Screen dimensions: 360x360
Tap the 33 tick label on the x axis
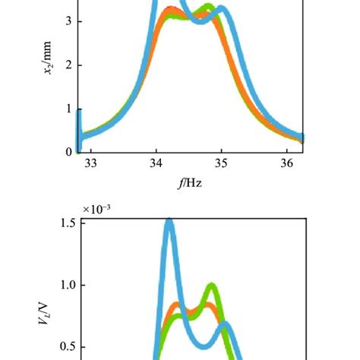click(x=90, y=163)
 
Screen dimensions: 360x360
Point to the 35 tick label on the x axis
click(x=221, y=163)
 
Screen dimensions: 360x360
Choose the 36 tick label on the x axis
click(x=286, y=163)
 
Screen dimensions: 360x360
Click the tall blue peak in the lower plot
click(x=169, y=223)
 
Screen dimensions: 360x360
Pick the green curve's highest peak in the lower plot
click(x=211, y=288)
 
